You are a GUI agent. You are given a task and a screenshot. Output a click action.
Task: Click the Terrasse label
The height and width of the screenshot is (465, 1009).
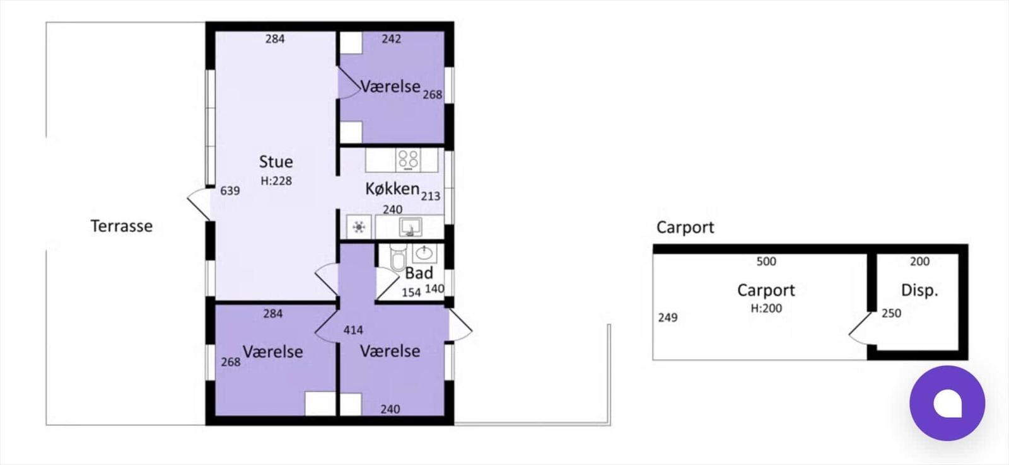pyautogui.click(x=121, y=226)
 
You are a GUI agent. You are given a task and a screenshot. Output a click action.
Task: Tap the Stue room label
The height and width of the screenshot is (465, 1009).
pyautogui.click(x=276, y=162)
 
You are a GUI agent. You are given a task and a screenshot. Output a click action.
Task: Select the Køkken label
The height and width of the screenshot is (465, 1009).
pyautogui.click(x=392, y=188)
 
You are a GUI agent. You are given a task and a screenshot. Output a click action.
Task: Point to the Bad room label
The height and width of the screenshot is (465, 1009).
pyautogui.click(x=419, y=273)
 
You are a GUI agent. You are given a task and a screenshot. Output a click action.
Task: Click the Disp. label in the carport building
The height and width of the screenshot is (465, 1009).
pyautogui.click(x=919, y=290)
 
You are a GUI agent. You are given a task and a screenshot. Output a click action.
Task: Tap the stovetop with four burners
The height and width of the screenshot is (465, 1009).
pyautogui.click(x=408, y=159)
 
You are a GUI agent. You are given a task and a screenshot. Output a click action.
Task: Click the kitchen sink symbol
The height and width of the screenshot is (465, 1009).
pyautogui.click(x=411, y=227)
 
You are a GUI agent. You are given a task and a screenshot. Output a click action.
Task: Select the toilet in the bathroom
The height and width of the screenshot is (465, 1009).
pyautogui.click(x=397, y=258)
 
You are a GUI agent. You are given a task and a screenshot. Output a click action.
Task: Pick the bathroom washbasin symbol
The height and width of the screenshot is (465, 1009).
pyautogui.click(x=424, y=253)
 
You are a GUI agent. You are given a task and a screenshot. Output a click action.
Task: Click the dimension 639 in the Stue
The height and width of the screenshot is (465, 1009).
pyautogui.click(x=230, y=191)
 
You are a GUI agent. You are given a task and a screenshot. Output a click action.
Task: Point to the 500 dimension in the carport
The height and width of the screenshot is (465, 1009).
pyautogui.click(x=766, y=261)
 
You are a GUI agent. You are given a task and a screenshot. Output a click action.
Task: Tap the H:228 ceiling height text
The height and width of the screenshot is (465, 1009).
pyautogui.click(x=276, y=181)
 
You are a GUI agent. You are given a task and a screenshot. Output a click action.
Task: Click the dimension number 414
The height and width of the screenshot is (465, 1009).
pyautogui.click(x=353, y=330)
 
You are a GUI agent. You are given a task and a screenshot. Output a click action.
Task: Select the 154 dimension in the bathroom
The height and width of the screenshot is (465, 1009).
pyautogui.click(x=411, y=292)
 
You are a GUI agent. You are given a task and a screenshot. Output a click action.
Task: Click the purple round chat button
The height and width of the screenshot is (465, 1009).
pyautogui.click(x=947, y=403)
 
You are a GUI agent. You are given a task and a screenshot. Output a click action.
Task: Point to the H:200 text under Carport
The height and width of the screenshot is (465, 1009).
pyautogui.click(x=766, y=308)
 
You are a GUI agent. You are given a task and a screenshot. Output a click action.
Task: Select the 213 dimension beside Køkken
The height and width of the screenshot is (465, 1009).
pyautogui.click(x=431, y=197)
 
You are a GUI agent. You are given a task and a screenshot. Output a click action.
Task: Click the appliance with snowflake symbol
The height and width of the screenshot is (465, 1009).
pyautogui.click(x=359, y=227)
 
